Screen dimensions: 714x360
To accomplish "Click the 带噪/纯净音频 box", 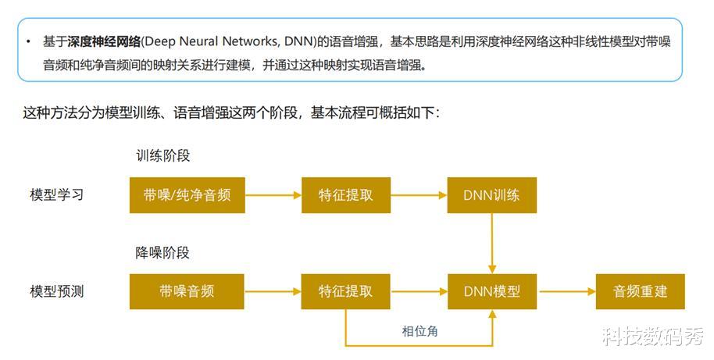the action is [187, 195].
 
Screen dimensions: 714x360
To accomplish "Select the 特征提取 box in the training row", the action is [346, 195].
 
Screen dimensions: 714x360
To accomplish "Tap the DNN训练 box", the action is [492, 195].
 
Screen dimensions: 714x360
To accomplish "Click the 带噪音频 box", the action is [187, 292].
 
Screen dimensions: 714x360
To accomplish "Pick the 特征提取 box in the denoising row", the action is [345, 292].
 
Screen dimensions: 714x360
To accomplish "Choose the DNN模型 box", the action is [492, 292].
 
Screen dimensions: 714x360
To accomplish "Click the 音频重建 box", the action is [641, 292].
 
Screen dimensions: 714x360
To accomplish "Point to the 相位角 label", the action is [419, 331].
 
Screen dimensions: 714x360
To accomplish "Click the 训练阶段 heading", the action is [163, 155].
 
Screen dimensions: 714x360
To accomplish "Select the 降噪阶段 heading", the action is [162, 252].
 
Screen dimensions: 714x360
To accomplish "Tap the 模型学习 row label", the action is [57, 194].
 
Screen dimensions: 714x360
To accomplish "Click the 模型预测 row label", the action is [57, 291].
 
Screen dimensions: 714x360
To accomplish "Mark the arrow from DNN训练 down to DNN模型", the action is [492, 244].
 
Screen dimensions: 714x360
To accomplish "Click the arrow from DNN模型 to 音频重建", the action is [566, 292].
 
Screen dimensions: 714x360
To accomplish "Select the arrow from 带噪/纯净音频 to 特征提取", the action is [273, 195].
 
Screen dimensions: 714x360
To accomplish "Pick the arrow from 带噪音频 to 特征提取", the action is [273, 292].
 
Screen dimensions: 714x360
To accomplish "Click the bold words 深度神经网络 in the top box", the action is [104, 42].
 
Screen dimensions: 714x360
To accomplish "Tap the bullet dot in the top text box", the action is [28, 42].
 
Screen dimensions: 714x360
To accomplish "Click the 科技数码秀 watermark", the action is [653, 337].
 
